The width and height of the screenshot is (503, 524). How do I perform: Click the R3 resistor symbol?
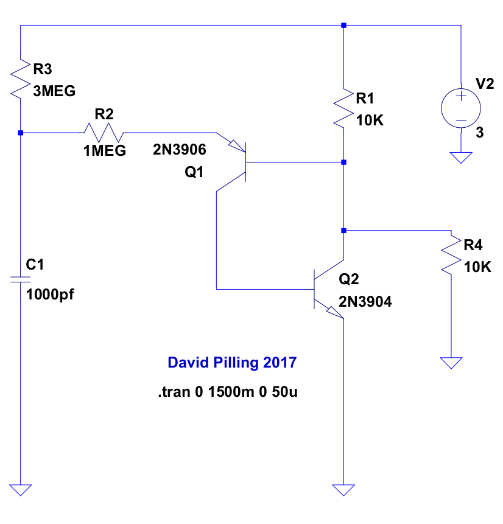(21, 78)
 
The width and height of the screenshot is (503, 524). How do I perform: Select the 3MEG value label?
(54, 92)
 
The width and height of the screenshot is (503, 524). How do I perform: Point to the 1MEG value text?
(105, 151)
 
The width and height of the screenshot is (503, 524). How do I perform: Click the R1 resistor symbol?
(344, 108)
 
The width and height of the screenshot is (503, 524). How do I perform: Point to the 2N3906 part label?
(180, 149)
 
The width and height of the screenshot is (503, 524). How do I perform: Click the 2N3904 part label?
(365, 301)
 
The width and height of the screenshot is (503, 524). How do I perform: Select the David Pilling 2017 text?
(232, 363)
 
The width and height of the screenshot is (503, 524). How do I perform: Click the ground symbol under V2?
(461, 157)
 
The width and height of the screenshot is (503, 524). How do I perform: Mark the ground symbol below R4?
(451, 363)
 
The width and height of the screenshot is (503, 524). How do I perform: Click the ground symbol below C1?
(21, 490)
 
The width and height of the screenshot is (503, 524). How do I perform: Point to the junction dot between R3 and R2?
(21, 132)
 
